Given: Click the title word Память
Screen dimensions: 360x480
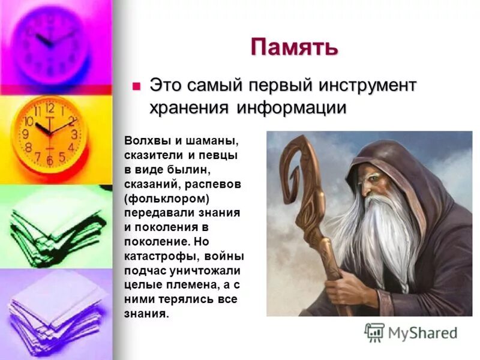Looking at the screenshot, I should pyautogui.click(x=294, y=47).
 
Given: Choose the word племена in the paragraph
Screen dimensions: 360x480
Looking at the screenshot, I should pyautogui.click(x=186, y=284).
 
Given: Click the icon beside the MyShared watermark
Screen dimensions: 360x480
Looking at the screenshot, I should pyautogui.click(x=374, y=332).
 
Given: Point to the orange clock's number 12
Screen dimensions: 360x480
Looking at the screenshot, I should pyautogui.click(x=50, y=109).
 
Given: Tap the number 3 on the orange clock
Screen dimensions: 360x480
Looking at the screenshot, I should pyautogui.click(x=74, y=134).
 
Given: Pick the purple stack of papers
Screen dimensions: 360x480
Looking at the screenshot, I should pyautogui.click(x=57, y=312).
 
